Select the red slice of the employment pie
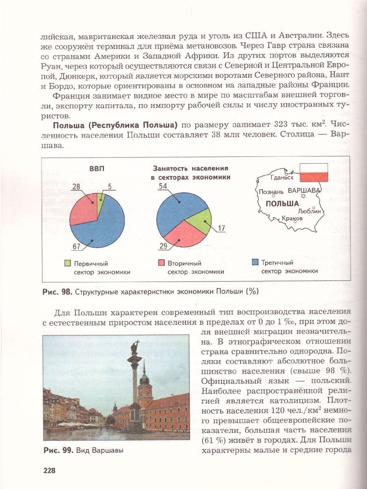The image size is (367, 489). coord(179,234)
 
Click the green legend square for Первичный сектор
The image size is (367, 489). coord(68,263)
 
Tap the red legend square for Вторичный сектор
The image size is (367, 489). coord(161,263)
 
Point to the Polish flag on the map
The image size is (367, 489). coord(314,172)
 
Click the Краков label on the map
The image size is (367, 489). coord(292,218)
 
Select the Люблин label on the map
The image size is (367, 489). coord(310,211)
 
